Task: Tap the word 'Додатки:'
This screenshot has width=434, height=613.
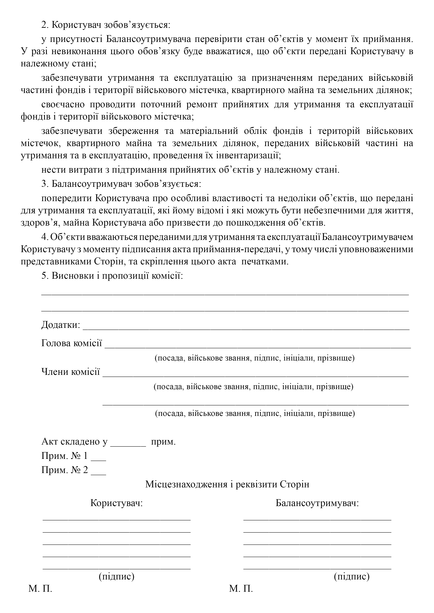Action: tap(61, 325)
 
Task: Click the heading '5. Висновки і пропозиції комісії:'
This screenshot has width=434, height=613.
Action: tap(112, 276)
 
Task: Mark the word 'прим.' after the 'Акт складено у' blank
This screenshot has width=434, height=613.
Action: tap(163, 442)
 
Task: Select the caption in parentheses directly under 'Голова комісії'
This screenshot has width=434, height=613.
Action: tap(255, 358)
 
